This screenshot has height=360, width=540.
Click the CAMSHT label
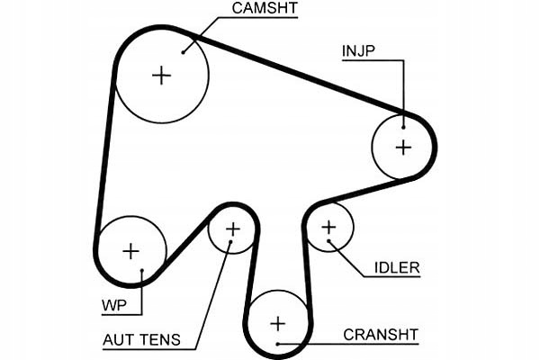tap(265, 8)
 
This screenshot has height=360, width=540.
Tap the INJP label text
tap(358, 51)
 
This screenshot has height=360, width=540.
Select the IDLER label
tap(397, 267)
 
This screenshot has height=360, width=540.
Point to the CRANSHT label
tap(381, 335)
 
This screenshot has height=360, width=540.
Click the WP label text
tap(114, 305)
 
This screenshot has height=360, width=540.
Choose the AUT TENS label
tap(141, 340)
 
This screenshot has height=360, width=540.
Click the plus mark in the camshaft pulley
tap(161, 76)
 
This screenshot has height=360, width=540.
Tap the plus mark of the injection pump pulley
tap(403, 148)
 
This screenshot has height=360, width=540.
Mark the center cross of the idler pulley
tap(328, 228)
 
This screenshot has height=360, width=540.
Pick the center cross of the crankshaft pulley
tap(277, 324)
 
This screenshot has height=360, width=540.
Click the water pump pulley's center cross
tap(130, 251)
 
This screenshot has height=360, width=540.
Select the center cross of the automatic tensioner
tap(233, 229)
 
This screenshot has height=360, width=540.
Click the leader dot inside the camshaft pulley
tap(184, 52)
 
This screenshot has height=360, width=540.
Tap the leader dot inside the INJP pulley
tap(403, 128)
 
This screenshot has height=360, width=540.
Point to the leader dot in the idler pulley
tap(328, 241)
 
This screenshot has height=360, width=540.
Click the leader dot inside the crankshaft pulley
tap(277, 344)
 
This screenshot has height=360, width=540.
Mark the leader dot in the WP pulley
tap(141, 271)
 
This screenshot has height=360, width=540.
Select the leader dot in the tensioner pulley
tap(230, 241)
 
